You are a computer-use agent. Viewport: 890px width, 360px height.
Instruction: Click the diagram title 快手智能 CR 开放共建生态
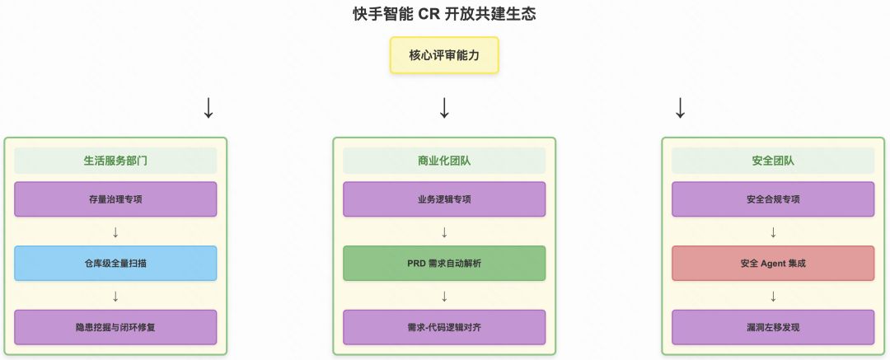click(x=444, y=14)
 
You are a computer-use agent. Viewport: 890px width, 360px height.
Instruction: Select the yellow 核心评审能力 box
click(x=444, y=56)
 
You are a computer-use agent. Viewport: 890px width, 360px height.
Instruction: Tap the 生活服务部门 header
click(x=115, y=161)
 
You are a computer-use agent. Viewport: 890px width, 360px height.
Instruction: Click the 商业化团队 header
click(x=444, y=161)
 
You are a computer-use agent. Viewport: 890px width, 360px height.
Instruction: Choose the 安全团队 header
click(x=773, y=161)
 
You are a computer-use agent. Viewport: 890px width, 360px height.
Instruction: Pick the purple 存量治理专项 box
click(x=115, y=199)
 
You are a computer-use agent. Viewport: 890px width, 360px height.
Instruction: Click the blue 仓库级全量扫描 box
click(x=115, y=264)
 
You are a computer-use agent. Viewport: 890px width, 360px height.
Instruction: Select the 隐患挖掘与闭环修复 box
click(x=115, y=327)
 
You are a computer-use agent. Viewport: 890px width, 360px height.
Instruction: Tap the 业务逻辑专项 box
click(x=444, y=199)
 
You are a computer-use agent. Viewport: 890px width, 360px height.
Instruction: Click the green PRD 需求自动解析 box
click(x=444, y=264)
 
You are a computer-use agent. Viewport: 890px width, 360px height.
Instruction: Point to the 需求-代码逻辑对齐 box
click(x=444, y=327)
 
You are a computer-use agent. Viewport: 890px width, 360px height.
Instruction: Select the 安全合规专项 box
click(x=773, y=199)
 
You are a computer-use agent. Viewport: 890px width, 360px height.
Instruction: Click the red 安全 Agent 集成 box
click(x=773, y=264)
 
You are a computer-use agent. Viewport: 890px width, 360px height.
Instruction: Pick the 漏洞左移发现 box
click(x=773, y=327)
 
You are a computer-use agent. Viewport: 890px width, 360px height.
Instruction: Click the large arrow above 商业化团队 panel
click(x=444, y=108)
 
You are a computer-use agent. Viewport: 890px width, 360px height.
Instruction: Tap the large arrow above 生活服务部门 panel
click(x=208, y=108)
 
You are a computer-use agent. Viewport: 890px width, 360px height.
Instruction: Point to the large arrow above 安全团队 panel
click(x=680, y=108)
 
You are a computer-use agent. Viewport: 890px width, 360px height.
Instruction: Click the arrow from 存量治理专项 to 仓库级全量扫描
click(x=115, y=231)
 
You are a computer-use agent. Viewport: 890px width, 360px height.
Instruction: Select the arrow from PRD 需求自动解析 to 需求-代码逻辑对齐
click(x=444, y=296)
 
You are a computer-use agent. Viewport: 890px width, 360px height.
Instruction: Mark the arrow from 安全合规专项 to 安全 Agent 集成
click(x=773, y=231)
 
